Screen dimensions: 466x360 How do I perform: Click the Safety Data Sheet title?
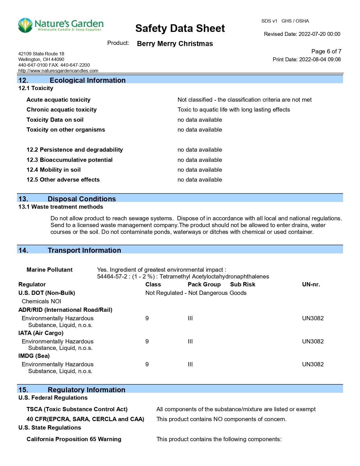tap(180, 29)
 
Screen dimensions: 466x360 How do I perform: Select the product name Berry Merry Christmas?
tap(175, 44)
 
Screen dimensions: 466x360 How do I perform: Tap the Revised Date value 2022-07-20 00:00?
tap(319, 34)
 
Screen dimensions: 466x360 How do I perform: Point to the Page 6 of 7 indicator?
tap(326, 51)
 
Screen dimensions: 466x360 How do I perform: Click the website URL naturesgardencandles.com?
tap(58, 71)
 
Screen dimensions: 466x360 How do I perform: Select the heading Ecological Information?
tap(88, 80)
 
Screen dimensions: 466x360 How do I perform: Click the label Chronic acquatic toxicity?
tap(62, 110)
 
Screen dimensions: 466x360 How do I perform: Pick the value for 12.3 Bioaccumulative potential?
tap(200, 160)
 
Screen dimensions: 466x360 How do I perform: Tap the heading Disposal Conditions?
tap(82, 199)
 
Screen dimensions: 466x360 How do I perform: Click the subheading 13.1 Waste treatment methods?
tap(61, 207)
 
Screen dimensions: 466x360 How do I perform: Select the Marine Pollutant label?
tap(49, 270)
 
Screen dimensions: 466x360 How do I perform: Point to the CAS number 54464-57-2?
tap(112, 276)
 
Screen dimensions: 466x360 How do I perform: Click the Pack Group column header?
tap(204, 284)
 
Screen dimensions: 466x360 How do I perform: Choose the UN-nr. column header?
tap(311, 284)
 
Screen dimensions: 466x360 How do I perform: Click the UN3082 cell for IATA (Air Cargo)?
tap(313, 341)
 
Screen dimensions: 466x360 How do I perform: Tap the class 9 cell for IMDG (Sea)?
tap(147, 364)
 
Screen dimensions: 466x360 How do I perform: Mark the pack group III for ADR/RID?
tap(190, 318)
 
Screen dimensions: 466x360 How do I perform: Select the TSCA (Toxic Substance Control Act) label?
tap(77, 409)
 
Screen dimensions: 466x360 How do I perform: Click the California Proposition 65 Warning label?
tap(74, 439)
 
